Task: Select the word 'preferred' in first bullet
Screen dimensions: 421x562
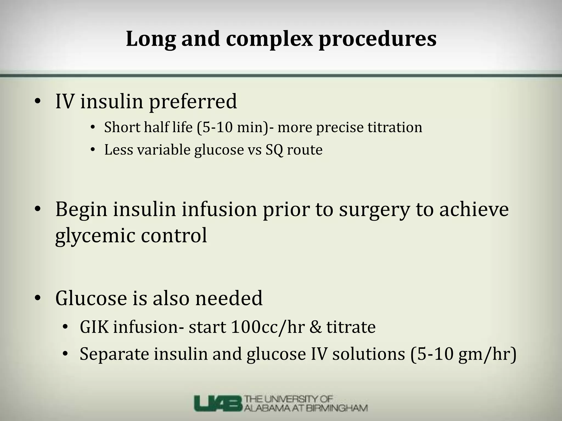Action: click(193, 102)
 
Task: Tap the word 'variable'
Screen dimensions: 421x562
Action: click(164, 150)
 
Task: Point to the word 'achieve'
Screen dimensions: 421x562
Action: click(474, 209)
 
